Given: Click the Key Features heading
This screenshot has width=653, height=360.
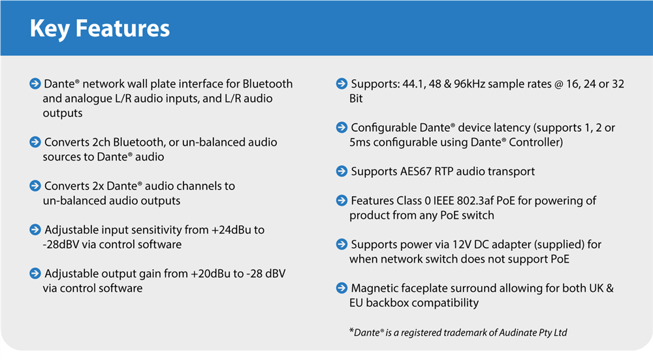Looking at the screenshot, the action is (99, 28).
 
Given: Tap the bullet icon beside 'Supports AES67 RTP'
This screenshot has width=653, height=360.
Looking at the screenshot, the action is (342, 171).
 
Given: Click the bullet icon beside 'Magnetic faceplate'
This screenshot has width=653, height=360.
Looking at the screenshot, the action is (342, 288).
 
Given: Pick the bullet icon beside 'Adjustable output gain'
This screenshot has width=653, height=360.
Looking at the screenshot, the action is (35, 273).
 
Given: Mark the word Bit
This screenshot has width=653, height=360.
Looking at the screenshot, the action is (356, 99).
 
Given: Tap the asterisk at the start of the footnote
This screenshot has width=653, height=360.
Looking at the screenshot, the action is (352, 331).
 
